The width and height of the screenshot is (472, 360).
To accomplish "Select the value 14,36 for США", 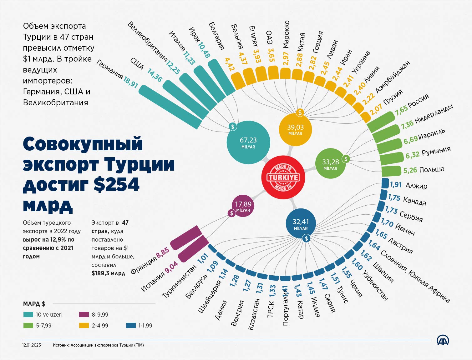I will pyautogui.click(x=155, y=75).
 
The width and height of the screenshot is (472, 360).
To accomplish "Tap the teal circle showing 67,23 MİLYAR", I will pyautogui.click(x=248, y=142).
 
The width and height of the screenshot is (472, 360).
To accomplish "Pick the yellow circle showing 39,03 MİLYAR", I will pyautogui.click(x=295, y=130).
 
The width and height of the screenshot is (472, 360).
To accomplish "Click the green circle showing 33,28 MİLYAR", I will pyautogui.click(x=331, y=164).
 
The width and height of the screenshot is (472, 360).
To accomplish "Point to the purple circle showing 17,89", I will pyautogui.click(x=243, y=207).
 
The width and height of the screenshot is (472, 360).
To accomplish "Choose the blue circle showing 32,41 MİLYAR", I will pyautogui.click(x=301, y=224).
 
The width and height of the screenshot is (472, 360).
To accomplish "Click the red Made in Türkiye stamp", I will pyautogui.click(x=283, y=177).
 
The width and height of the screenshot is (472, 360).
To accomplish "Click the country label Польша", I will pyautogui.click(x=432, y=169).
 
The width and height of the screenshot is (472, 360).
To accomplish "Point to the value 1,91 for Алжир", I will pyautogui.click(x=396, y=184).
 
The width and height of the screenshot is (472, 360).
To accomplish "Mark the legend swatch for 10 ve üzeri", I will pyautogui.click(x=28, y=315).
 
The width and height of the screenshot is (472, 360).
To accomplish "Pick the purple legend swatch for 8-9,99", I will pyautogui.click(x=84, y=315).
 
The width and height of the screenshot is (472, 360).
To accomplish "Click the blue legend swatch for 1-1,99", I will pyautogui.click(x=130, y=325).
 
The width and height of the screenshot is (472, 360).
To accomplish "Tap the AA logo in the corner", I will pyautogui.click(x=443, y=341).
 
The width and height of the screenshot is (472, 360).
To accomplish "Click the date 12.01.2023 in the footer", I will pyautogui.click(x=31, y=345).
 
